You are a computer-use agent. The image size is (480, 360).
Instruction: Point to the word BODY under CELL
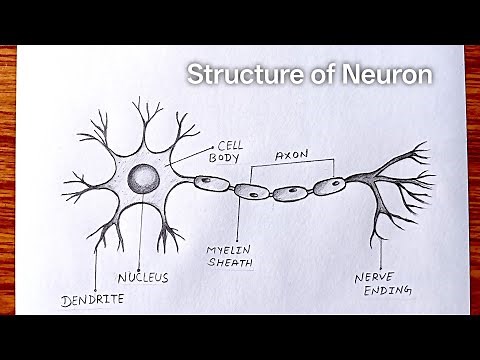coord(221,159)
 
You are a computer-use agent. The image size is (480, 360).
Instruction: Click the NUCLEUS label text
coord(143,277)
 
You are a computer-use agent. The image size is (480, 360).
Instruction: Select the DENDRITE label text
coord(91,298)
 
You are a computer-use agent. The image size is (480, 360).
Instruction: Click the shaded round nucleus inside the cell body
coord(143,181)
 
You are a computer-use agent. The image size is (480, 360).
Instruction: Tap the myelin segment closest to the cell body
coord(210,183)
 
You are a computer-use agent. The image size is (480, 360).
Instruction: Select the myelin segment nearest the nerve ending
coord(328,186)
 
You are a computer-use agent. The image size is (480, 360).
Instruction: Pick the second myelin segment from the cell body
coord(250,192)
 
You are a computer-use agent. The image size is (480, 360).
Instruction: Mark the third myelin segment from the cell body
coord(290,193)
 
